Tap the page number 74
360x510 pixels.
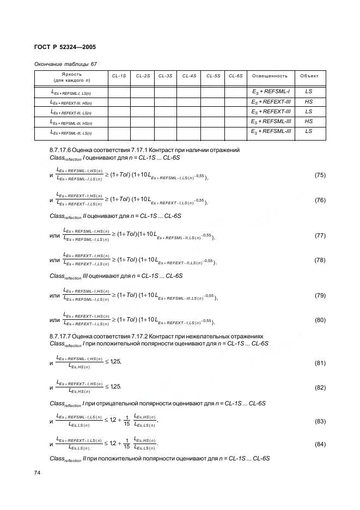(x=37, y=473)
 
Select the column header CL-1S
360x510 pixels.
(x=119, y=76)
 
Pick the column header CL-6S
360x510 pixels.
(x=236, y=76)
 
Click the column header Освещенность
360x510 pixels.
(x=271, y=76)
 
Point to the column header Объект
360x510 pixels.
(x=309, y=76)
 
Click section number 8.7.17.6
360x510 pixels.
(x=62, y=150)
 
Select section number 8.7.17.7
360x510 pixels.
(x=62, y=337)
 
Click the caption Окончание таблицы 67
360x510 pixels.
(x=65, y=64)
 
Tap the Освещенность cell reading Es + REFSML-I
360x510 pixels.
(x=271, y=92)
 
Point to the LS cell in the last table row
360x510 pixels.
(x=309, y=131)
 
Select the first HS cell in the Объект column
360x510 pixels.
(x=309, y=102)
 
